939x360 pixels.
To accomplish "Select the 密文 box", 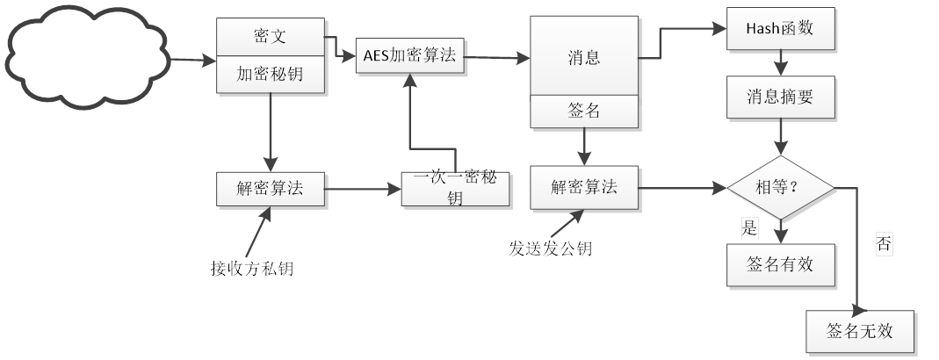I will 271,38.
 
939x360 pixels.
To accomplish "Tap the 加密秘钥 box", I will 271,75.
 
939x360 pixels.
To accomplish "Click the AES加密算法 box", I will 409,56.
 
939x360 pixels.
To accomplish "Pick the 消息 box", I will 583,57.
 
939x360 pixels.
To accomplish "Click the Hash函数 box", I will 779,28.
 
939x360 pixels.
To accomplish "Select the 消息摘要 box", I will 779,97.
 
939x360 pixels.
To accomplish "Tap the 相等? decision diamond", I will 779,186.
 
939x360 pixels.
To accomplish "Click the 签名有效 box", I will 779,265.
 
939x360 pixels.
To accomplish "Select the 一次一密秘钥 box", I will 455,188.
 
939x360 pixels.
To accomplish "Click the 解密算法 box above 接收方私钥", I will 271,187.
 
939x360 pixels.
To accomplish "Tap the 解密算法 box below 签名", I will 583,187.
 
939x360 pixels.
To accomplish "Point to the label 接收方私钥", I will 252,269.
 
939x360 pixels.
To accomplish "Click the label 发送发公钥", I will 550,248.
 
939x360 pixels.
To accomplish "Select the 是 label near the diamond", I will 749,229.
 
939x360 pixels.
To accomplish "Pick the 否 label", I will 884,245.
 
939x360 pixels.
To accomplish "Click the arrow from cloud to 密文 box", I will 192,61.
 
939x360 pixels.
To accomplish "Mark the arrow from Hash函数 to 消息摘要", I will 779,62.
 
